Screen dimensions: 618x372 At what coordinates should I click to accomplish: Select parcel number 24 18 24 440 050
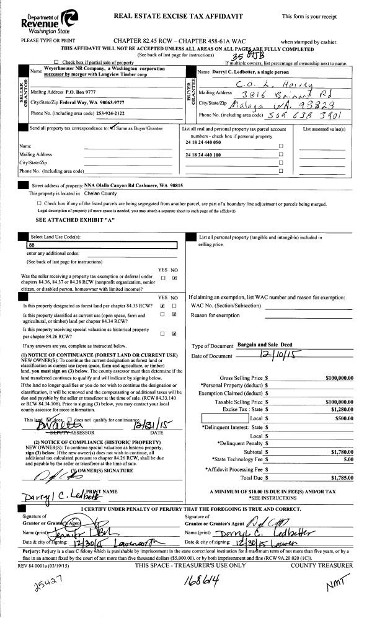[203, 142]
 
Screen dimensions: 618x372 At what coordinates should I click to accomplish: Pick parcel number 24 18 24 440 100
[203, 154]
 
